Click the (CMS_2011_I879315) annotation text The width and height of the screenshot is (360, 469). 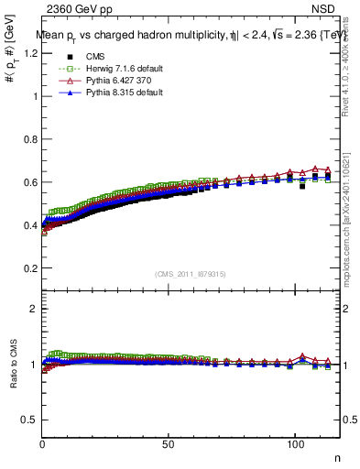(x=191, y=274)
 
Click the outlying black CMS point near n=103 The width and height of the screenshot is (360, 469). (x=302, y=186)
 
